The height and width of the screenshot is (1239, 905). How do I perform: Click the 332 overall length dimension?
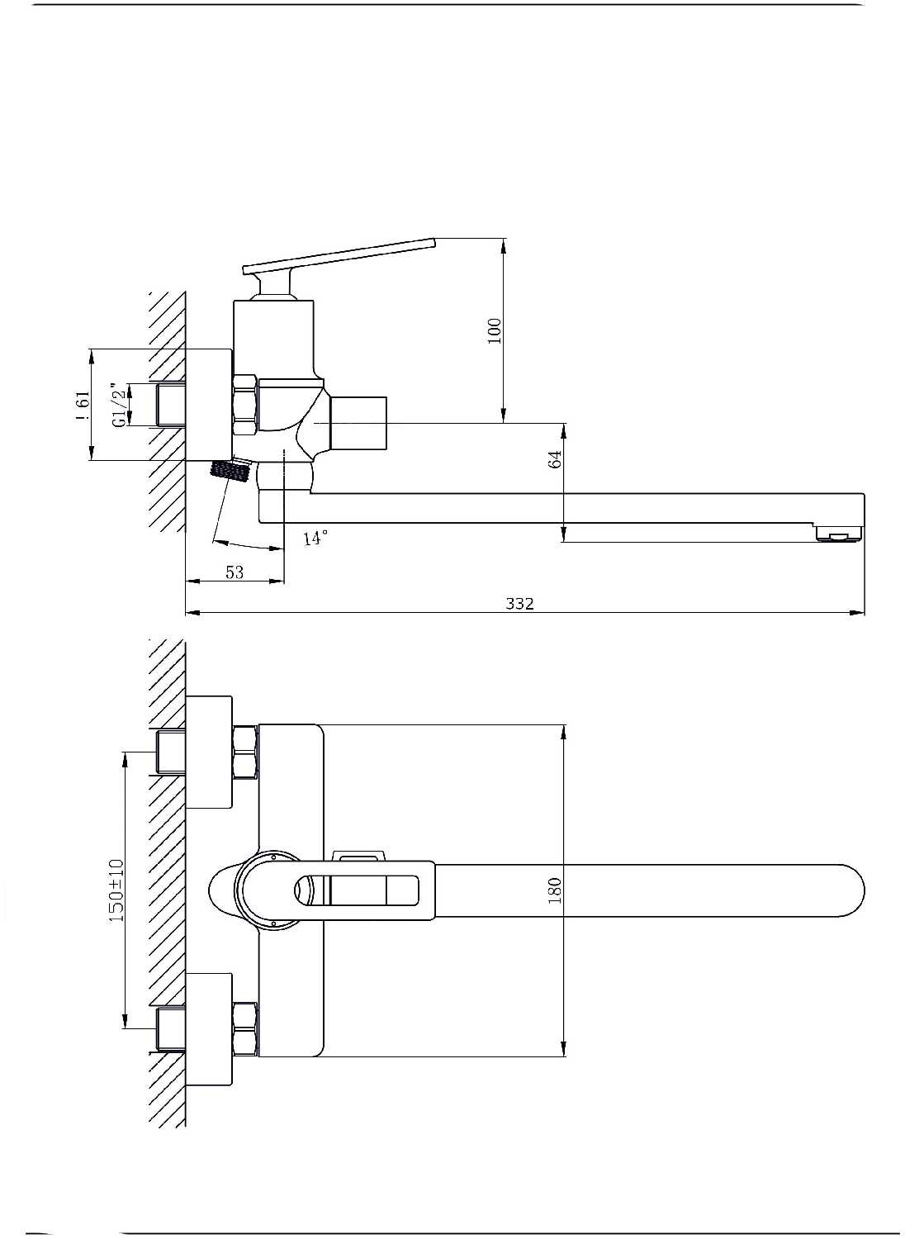519,603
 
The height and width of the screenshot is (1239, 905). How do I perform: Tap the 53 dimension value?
235,572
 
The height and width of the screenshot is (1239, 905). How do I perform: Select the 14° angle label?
315,539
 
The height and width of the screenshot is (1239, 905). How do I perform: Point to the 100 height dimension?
495,330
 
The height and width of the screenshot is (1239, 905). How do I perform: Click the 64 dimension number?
556,459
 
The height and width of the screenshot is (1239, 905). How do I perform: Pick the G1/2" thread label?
121,405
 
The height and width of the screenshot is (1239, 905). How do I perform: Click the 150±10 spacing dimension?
116,890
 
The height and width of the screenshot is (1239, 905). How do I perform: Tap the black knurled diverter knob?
230,472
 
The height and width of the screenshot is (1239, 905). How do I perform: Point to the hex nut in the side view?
245,405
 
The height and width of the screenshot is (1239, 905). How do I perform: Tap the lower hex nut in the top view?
245,1028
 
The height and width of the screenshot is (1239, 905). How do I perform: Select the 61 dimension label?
81,405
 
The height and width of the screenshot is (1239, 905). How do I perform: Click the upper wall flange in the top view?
209,752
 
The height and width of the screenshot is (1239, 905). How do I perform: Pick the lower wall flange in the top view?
209,1028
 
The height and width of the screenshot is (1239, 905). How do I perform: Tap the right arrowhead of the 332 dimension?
859,613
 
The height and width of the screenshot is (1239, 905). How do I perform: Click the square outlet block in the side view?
358,424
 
